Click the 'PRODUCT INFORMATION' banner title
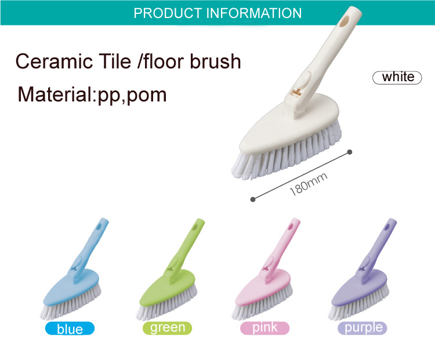click(x=217, y=13)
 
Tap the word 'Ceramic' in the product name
click(x=54, y=61)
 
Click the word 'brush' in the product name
click(x=215, y=61)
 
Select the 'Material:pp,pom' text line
click(x=92, y=95)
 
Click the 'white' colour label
click(x=397, y=77)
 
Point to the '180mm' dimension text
click(x=308, y=184)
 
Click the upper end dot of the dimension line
click(x=350, y=152)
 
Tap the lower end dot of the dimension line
click(x=253, y=199)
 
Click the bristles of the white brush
click(x=286, y=152)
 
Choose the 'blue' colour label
click(x=70, y=329)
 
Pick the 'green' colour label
click(x=167, y=328)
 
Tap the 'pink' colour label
click(x=264, y=328)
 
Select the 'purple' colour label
click(x=362, y=328)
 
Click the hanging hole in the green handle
click(x=195, y=227)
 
